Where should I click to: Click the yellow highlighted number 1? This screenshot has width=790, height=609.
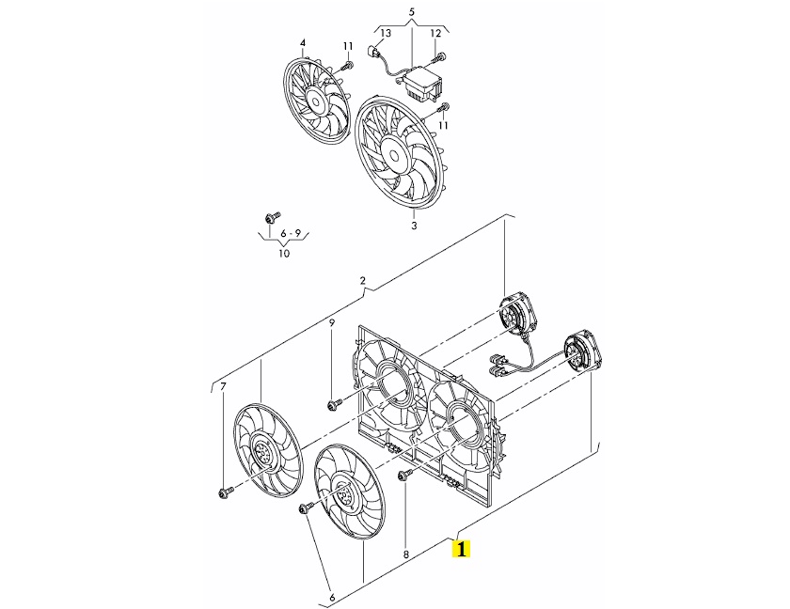461,549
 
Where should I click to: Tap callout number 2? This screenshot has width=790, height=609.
363,281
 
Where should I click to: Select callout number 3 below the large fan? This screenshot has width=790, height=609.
414,225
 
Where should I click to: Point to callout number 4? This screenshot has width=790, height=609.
303,43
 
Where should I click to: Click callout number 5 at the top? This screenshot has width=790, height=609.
412,11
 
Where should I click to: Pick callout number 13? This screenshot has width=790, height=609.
386,34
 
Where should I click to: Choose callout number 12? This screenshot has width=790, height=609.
435,34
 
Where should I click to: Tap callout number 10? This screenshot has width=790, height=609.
284,253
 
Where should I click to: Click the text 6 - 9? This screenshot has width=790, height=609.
291,233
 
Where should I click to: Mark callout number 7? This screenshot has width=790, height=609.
224,386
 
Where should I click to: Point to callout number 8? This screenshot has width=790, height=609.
406,554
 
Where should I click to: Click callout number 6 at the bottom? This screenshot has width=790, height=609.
331,598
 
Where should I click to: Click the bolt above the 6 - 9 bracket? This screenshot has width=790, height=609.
271,218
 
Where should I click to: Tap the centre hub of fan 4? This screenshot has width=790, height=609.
316,101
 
